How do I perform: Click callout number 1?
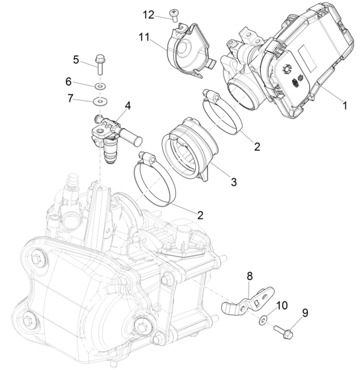coord(345,106)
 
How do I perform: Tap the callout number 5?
coord(76,59)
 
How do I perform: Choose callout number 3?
coord(233,182)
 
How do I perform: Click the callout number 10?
coord(282,305)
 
